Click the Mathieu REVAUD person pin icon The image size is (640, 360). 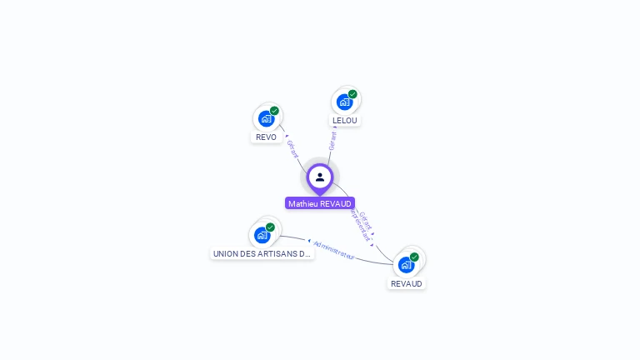[320, 177]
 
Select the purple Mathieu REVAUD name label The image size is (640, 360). [320, 203]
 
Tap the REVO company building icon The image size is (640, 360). [267, 118]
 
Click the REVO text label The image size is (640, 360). [267, 137]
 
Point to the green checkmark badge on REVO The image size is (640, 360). [274, 111]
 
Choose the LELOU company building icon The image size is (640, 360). [344, 102]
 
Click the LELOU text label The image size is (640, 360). [344, 120]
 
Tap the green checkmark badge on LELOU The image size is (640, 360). [352, 94]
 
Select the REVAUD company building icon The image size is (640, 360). [406, 265]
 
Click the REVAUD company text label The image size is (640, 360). [407, 283]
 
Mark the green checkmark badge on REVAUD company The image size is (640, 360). [414, 257]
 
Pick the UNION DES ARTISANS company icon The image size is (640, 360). [262, 235]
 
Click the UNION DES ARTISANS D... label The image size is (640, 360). [262, 253]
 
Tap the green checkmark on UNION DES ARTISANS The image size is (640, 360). [270, 227]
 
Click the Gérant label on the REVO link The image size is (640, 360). [292, 149]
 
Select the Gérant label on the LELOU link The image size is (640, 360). [332, 140]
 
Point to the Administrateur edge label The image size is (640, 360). [334, 251]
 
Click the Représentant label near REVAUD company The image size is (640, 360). [359, 226]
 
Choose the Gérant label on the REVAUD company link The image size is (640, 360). [366, 220]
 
